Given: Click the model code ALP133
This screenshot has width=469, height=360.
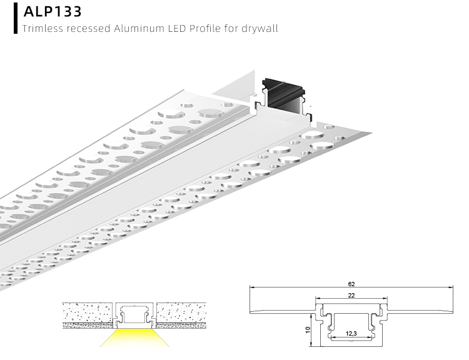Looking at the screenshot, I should pyautogui.click(x=53, y=11).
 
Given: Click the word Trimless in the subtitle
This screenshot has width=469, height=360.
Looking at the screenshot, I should pyautogui.click(x=41, y=28).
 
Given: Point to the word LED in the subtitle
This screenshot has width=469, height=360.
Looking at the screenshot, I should pyautogui.click(x=175, y=28).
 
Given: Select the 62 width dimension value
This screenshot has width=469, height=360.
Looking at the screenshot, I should pyautogui.click(x=351, y=284).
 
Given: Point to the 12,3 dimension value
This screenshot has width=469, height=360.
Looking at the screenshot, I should pyautogui.click(x=351, y=333).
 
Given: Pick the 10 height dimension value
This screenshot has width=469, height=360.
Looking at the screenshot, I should pyautogui.click(x=308, y=329).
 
